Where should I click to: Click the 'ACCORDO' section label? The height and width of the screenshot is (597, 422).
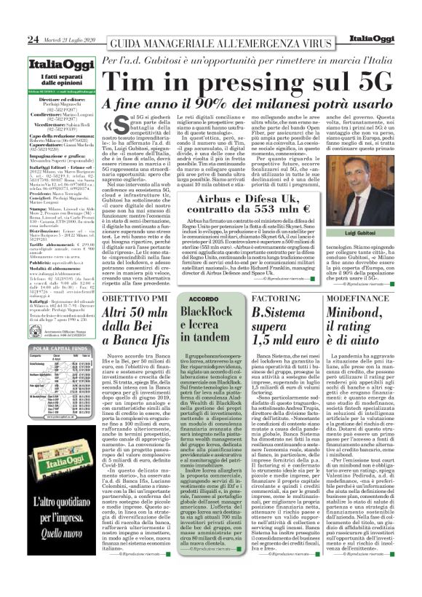coord(203,298)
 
